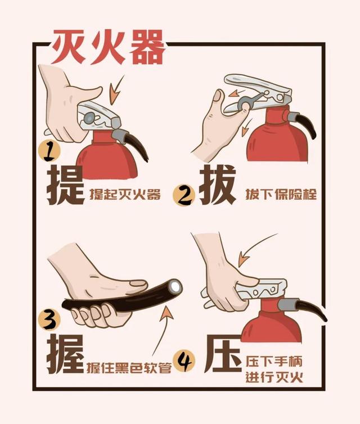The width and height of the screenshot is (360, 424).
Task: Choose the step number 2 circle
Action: click(x=184, y=195)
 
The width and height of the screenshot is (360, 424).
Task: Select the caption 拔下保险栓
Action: click(x=281, y=195)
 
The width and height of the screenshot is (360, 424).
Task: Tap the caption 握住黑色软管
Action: click(x=129, y=368)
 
